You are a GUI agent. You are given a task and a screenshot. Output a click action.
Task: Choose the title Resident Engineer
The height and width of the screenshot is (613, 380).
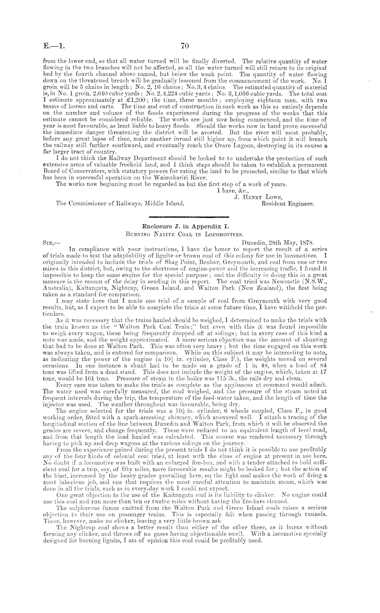[287, 204]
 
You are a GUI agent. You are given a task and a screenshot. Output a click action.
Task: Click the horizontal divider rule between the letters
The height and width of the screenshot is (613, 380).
[189, 217]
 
